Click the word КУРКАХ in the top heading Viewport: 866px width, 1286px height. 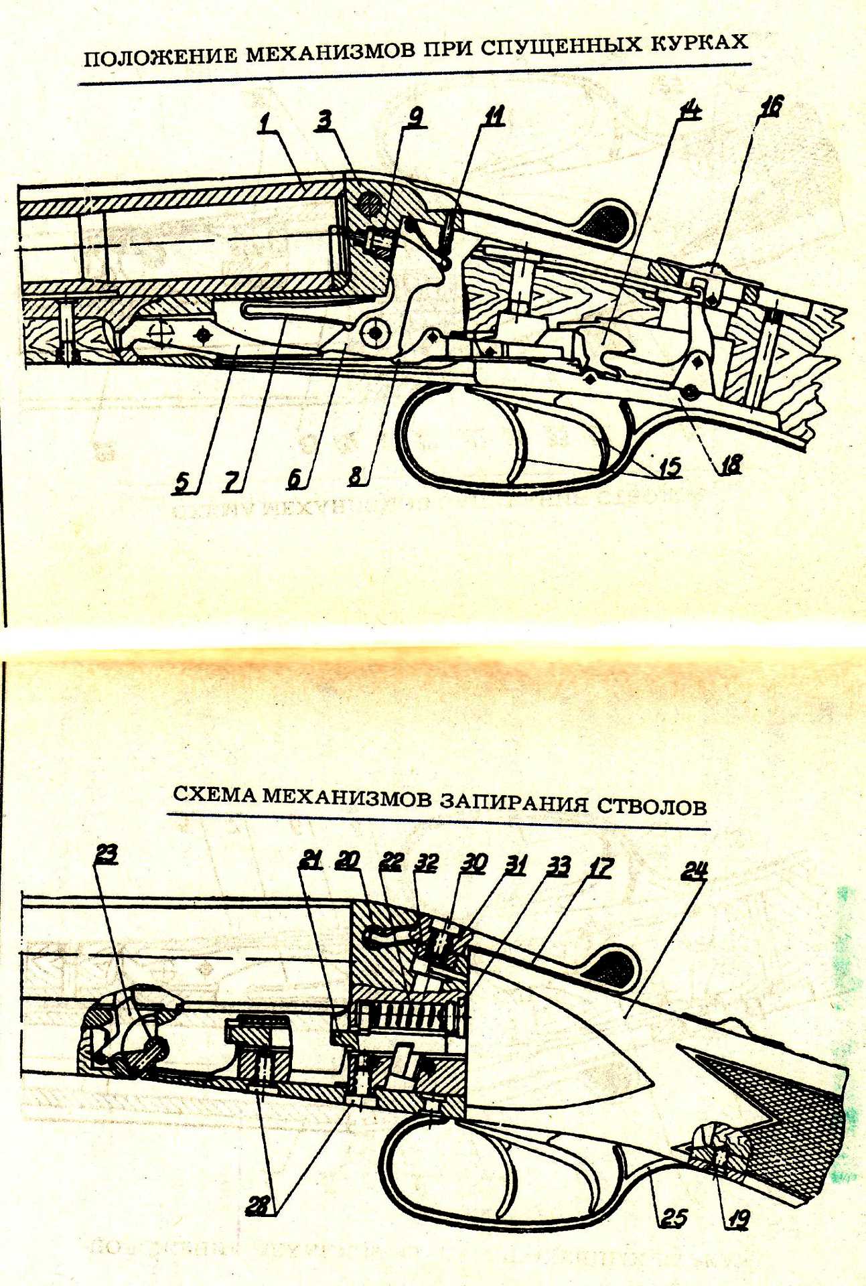(699, 44)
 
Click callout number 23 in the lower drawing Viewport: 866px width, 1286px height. (106, 854)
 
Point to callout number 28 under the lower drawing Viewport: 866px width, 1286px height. (257, 1206)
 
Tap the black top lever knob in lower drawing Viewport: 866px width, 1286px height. (615, 971)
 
